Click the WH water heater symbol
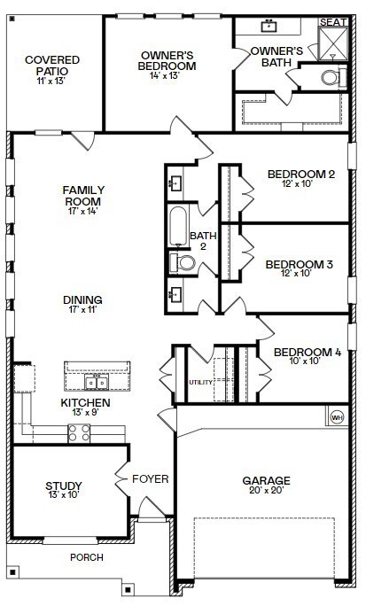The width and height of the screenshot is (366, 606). click(337, 417)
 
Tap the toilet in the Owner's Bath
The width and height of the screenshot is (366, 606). click(333, 77)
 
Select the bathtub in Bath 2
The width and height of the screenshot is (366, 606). click(178, 227)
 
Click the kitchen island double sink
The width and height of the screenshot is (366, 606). click(97, 383)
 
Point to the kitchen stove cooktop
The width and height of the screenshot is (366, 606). click(79, 433)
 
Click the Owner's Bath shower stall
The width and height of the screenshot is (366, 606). click(332, 43)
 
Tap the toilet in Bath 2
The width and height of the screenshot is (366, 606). click(183, 263)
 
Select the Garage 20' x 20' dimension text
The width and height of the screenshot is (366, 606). click(266, 491)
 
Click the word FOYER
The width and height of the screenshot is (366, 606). click(151, 479)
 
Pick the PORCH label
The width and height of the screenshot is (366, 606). click(87, 557)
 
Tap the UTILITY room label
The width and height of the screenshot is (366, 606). click(200, 382)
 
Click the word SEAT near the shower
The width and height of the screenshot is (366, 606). click(332, 22)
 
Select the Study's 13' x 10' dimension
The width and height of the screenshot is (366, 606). click(64, 494)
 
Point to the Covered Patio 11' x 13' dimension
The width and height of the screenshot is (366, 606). click(52, 82)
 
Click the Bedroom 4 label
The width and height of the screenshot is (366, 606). click(308, 352)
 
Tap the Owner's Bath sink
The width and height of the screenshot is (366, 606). click(269, 26)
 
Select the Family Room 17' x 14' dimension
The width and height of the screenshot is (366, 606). click(83, 211)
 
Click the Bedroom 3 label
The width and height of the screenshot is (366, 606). click(300, 264)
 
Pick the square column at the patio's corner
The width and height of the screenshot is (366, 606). click(12, 19)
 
